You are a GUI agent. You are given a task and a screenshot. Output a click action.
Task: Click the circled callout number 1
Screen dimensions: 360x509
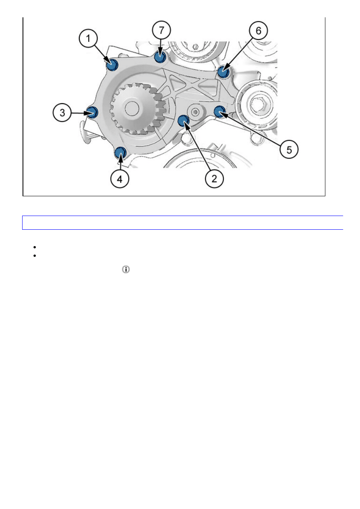pyautogui.click(x=88, y=38)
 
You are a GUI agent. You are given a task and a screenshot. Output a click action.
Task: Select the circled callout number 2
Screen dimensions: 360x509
pyautogui.click(x=214, y=179)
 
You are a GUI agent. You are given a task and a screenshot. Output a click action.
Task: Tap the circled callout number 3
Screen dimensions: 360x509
pyautogui.click(x=62, y=112)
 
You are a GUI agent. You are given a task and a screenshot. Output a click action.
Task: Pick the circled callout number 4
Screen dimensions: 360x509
pyautogui.click(x=120, y=179)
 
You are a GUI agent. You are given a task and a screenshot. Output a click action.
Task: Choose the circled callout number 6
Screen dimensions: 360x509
pyautogui.click(x=258, y=31)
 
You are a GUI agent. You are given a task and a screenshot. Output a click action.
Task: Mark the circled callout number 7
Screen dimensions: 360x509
pyautogui.click(x=161, y=30)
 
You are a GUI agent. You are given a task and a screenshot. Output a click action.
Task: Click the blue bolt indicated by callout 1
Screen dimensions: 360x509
pyautogui.click(x=112, y=64)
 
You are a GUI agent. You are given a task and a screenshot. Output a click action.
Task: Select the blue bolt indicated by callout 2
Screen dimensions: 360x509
pyautogui.click(x=183, y=120)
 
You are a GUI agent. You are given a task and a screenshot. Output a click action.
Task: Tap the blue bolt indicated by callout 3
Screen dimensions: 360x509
pyautogui.click(x=93, y=112)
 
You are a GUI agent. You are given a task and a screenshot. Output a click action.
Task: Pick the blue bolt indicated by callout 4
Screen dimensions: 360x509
pyautogui.click(x=120, y=152)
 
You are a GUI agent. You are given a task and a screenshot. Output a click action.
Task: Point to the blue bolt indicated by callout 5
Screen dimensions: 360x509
pyautogui.click(x=220, y=111)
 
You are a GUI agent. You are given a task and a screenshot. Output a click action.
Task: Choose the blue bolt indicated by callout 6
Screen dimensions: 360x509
pyautogui.click(x=223, y=72)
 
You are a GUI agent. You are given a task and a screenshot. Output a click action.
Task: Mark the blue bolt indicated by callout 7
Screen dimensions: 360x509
pyautogui.click(x=160, y=56)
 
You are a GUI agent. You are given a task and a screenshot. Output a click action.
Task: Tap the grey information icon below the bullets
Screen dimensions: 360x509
pyautogui.click(x=126, y=269)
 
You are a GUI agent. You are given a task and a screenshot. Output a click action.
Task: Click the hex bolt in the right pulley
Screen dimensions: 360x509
pyautogui.click(x=259, y=104)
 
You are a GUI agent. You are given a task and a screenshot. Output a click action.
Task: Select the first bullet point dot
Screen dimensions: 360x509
pyautogui.click(x=35, y=247)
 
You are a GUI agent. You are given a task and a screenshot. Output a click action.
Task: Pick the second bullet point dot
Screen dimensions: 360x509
pyautogui.click(x=35, y=256)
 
